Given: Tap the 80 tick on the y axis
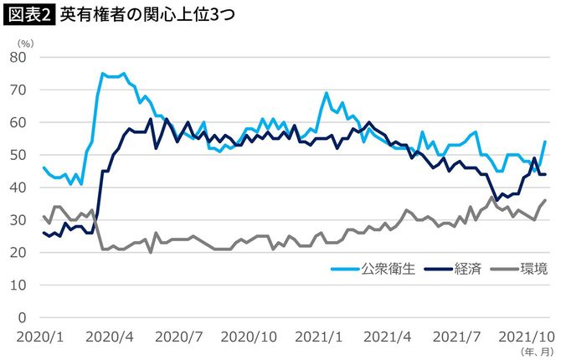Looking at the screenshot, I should click(18, 57).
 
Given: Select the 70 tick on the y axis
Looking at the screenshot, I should click(18, 90).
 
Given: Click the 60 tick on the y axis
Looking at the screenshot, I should click(18, 122).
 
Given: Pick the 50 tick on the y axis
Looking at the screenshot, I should click(18, 155).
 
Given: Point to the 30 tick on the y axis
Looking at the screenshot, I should click(18, 220).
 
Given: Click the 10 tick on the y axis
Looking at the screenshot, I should click(18, 285).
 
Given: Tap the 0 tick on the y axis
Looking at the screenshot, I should click(23, 318).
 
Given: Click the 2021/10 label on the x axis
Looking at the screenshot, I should click(524, 336).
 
